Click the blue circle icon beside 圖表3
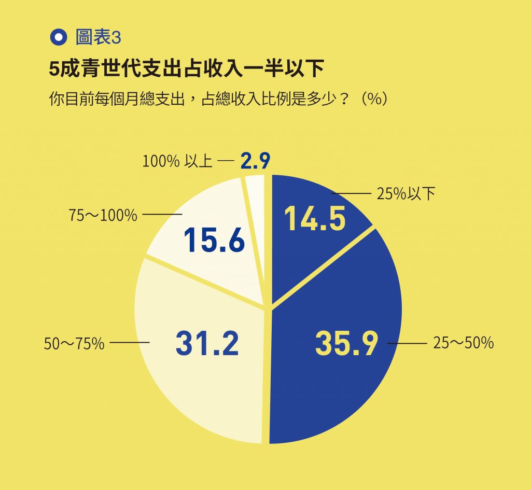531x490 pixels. click(x=59, y=37)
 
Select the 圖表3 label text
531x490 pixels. click(x=98, y=37)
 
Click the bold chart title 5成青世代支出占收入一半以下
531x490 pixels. click(x=186, y=68)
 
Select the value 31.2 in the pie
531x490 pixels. click(x=207, y=343)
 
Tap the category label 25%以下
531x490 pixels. click(x=406, y=194)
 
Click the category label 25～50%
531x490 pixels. click(x=463, y=343)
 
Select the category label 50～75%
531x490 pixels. click(x=75, y=343)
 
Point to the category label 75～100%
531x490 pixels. click(x=103, y=215)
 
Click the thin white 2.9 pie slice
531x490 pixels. click(x=256, y=197)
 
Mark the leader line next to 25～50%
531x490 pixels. click(x=408, y=343)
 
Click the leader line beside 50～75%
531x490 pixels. click(x=130, y=343)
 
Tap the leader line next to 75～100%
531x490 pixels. click(x=162, y=214)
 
